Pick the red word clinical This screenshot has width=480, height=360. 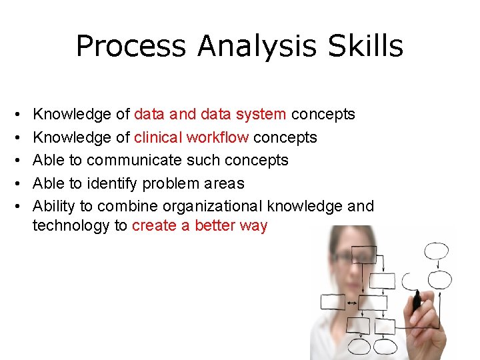158,137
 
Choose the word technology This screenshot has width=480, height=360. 71,226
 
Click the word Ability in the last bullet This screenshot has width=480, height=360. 53,206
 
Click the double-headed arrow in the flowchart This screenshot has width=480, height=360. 352,303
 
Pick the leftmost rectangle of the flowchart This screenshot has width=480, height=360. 333,302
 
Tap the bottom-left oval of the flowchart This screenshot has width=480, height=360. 360,347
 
